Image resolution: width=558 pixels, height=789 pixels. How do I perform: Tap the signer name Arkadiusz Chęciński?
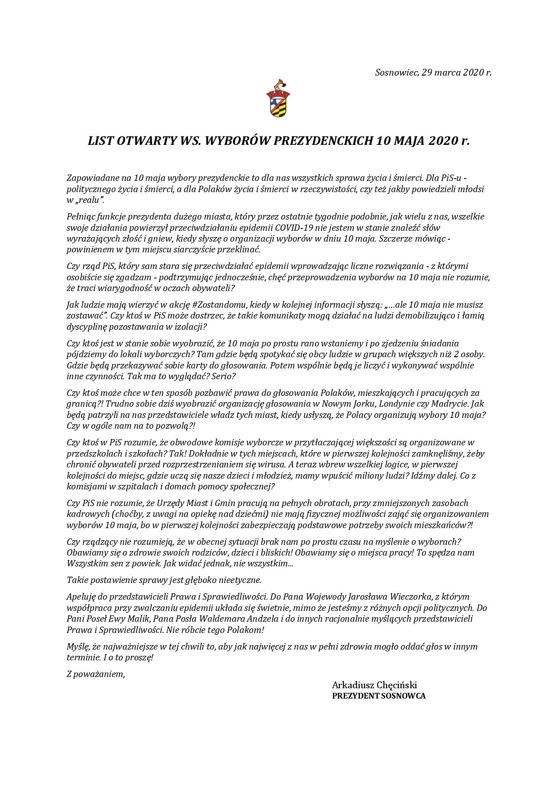pos(374,685)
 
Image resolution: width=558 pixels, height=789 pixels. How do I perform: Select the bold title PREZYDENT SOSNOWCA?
pos(378,696)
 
